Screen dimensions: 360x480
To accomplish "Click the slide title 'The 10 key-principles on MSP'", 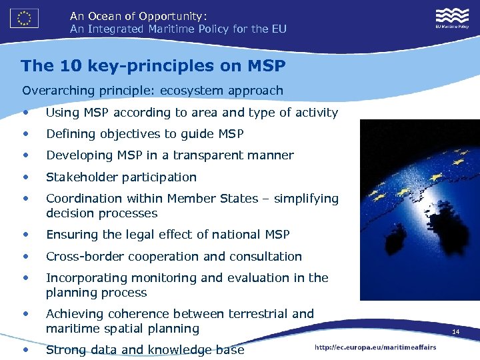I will click(153, 66).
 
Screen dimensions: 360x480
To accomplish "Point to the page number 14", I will click(456, 332).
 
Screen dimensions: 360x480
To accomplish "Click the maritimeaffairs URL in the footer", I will click(376, 347).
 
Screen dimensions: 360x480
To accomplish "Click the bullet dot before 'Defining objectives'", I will click(25, 134).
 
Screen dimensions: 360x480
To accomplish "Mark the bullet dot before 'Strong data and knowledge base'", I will click(25, 349).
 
